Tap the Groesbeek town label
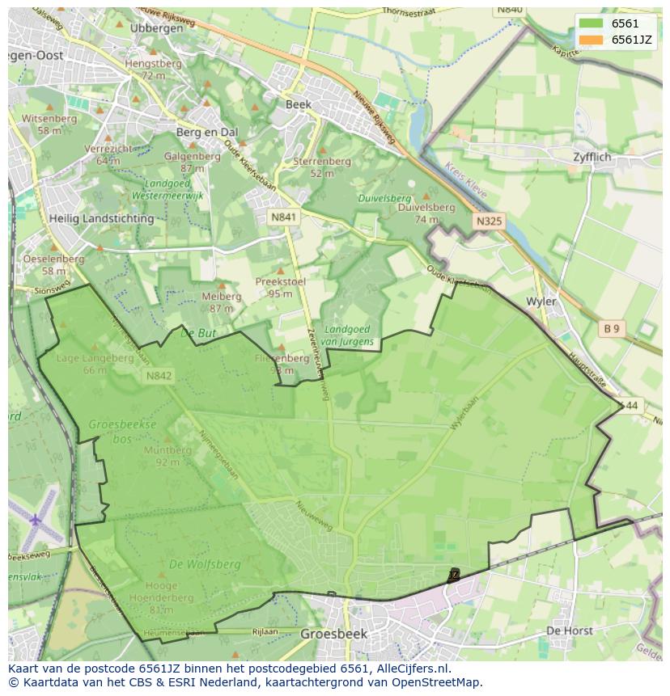(330, 634)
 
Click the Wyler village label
(541, 302)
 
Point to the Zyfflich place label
(592, 157)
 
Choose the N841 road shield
(283, 217)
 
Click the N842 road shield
(159, 376)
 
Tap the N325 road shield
(489, 220)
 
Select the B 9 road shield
(611, 328)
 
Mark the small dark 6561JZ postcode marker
(453, 576)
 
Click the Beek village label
(298, 104)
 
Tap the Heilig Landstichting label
(101, 218)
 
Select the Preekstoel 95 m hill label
(280, 287)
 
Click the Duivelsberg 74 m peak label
(426, 212)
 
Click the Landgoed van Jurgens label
(349, 335)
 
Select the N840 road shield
(511, 8)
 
